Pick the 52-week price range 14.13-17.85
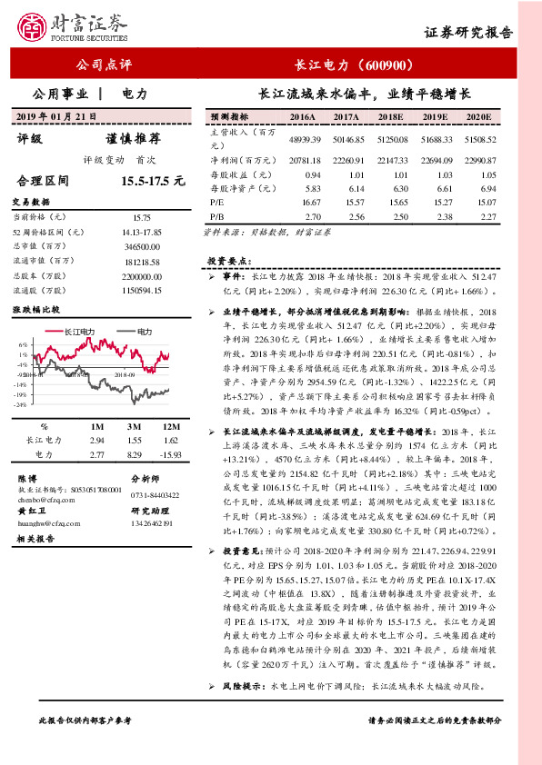click(x=140, y=233)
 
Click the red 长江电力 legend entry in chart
click(x=75, y=333)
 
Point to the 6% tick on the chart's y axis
click(x=22, y=345)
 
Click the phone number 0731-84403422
click(x=157, y=493)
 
